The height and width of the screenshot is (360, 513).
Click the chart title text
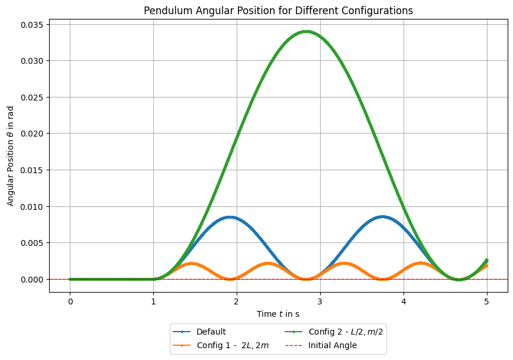tap(278, 11)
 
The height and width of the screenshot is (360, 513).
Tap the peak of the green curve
tap(306, 32)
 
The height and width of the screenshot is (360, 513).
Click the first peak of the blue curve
tap(230, 217)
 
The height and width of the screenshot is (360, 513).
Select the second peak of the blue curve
tap(382, 217)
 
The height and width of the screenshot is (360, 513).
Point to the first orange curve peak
tap(191, 264)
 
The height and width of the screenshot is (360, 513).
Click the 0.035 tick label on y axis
tap(32, 25)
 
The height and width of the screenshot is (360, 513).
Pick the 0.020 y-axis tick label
tap(32, 134)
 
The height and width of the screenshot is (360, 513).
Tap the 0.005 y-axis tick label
tap(32, 243)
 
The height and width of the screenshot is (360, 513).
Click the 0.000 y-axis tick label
tap(32, 280)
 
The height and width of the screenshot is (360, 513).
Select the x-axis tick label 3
tap(320, 301)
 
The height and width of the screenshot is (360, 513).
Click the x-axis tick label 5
tap(487, 301)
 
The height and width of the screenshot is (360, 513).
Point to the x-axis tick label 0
tap(70, 301)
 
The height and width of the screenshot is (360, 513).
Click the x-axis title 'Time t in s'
tap(278, 314)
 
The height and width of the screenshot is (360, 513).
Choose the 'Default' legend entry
tap(199, 332)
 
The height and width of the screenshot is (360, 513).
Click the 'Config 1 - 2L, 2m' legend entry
tap(221, 346)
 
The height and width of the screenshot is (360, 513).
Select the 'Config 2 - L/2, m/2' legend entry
tap(334, 332)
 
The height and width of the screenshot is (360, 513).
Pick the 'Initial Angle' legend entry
tap(321, 346)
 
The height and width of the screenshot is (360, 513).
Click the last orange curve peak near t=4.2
tap(420, 263)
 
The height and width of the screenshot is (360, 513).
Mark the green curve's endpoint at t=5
tap(487, 260)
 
